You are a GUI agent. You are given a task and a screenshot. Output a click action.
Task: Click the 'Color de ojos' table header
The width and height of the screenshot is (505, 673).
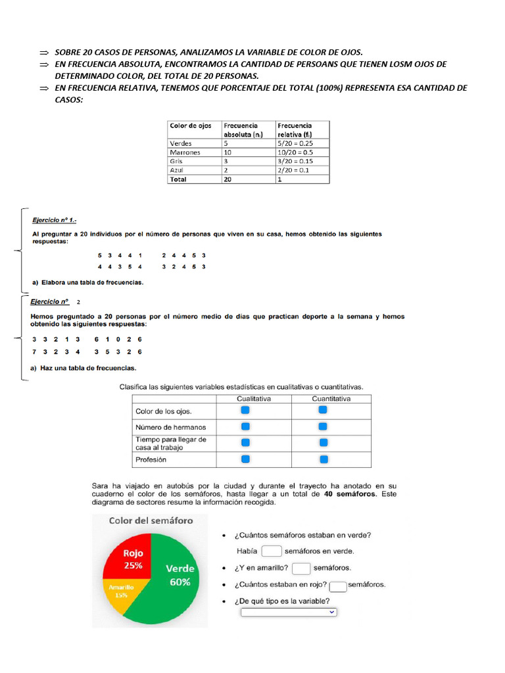click(191, 126)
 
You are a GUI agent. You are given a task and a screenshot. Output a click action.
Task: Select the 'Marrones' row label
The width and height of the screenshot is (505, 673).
click(185, 152)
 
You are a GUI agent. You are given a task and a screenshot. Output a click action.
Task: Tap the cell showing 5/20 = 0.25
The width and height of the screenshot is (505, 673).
click(295, 143)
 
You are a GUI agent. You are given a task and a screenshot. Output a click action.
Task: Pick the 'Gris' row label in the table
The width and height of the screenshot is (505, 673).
click(176, 161)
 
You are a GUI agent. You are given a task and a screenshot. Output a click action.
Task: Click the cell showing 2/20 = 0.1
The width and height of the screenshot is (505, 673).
click(293, 170)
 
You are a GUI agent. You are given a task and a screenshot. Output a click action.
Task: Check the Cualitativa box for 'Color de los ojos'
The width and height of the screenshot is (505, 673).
click(245, 410)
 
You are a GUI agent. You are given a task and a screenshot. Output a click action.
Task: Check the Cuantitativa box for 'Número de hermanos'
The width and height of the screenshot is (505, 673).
click(322, 427)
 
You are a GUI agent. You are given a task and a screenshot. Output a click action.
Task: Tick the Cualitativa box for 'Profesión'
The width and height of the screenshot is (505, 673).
click(245, 459)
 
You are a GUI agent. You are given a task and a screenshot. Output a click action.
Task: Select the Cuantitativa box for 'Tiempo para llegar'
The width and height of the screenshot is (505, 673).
click(322, 443)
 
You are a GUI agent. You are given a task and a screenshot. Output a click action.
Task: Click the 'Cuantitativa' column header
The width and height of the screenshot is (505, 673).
click(331, 398)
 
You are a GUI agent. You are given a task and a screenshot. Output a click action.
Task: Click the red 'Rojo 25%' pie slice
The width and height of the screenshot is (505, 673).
click(132, 559)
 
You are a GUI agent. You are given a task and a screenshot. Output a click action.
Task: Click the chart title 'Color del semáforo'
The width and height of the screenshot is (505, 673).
click(151, 521)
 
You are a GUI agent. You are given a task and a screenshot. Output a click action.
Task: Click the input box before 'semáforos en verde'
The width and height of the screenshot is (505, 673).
click(272, 551)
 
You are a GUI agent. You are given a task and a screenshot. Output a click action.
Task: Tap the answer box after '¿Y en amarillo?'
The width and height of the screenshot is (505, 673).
click(301, 568)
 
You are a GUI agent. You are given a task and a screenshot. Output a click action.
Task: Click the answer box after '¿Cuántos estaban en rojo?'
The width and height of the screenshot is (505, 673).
click(338, 585)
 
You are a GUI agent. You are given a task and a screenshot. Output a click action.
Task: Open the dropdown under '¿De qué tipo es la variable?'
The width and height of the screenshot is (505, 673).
click(289, 612)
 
